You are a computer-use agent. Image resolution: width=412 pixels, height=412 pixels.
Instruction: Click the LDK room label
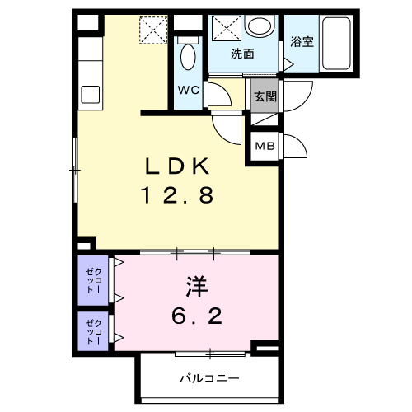[x=179, y=168]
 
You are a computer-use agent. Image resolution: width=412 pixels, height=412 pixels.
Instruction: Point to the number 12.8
[x=179, y=197]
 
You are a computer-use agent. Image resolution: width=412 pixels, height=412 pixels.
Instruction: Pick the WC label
[x=186, y=91]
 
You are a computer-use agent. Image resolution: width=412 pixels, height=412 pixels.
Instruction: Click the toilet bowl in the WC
[x=187, y=58]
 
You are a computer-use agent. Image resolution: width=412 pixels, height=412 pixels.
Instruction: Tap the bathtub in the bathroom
[x=339, y=44]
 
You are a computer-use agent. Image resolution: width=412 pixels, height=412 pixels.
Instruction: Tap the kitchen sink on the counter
[x=89, y=92]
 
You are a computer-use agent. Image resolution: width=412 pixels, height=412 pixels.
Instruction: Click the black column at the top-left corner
[x=85, y=23]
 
